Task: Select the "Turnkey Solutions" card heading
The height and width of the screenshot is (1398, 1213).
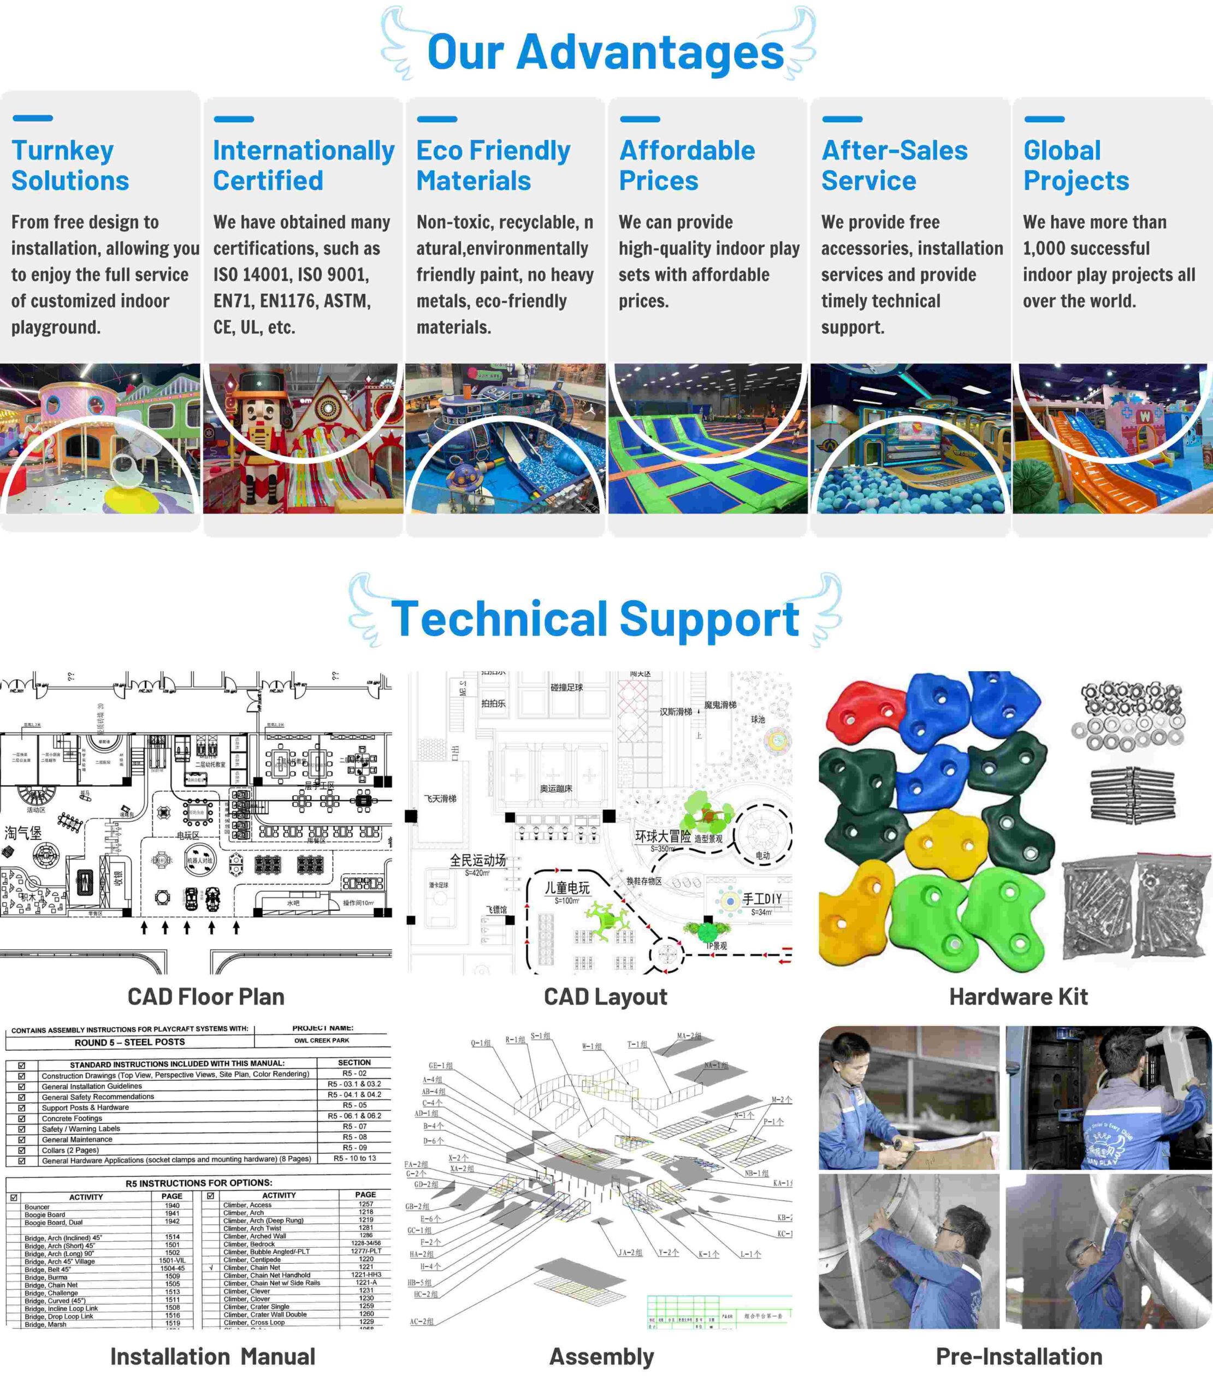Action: pos(70,166)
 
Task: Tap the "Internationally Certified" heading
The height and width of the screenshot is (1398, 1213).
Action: pos(303,166)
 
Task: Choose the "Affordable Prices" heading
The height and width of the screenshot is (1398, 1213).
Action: pos(687,166)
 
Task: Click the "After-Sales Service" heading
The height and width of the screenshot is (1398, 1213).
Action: pos(894,166)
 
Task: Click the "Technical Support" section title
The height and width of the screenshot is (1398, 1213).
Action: pos(595,619)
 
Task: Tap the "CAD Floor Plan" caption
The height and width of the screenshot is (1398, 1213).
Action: pos(206,997)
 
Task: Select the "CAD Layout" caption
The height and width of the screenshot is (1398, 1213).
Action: pos(605,997)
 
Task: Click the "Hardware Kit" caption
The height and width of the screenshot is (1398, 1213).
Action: pos(1018,997)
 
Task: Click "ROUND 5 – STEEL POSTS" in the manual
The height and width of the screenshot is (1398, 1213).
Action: pos(129,1042)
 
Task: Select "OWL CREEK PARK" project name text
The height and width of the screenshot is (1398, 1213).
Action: pos(322,1041)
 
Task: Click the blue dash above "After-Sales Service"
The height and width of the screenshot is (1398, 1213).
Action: pos(842,119)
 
